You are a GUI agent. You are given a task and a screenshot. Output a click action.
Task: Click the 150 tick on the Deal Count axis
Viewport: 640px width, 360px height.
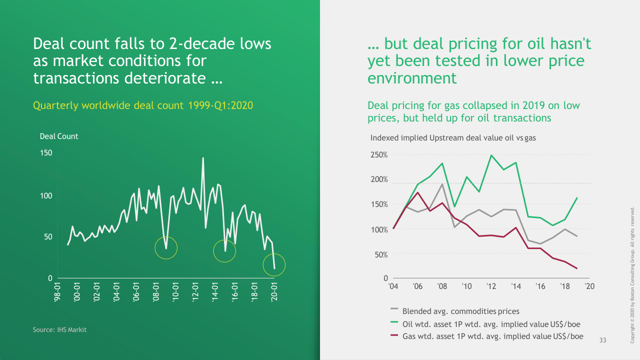coord(46,153)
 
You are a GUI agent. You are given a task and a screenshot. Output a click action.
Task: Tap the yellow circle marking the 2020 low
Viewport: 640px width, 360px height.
coord(273,265)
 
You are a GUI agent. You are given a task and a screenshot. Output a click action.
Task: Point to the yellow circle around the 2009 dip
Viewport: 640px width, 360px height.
coord(166,247)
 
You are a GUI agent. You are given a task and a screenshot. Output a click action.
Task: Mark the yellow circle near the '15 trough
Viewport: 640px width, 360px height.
coord(224,251)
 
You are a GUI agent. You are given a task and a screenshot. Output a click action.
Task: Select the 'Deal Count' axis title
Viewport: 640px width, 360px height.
coord(59,136)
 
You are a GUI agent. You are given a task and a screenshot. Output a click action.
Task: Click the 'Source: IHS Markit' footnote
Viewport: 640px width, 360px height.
coord(59,330)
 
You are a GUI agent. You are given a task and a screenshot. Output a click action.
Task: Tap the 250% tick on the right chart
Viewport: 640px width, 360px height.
coord(379,155)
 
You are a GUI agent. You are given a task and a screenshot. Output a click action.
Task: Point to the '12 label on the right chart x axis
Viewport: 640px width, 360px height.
coord(491,286)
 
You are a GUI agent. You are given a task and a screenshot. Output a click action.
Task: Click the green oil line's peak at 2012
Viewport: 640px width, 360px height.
coord(491,155)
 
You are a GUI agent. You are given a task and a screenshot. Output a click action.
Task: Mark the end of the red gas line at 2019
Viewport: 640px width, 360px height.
coord(577,268)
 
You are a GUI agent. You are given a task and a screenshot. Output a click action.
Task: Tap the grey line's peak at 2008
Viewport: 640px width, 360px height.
coord(442,184)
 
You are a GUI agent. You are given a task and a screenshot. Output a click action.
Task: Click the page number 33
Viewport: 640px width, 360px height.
coord(602,340)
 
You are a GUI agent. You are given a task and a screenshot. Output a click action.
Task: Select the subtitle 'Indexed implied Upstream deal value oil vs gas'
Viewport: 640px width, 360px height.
coord(453,137)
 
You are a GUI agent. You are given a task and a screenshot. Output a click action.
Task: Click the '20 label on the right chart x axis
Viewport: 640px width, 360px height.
coord(589,286)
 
